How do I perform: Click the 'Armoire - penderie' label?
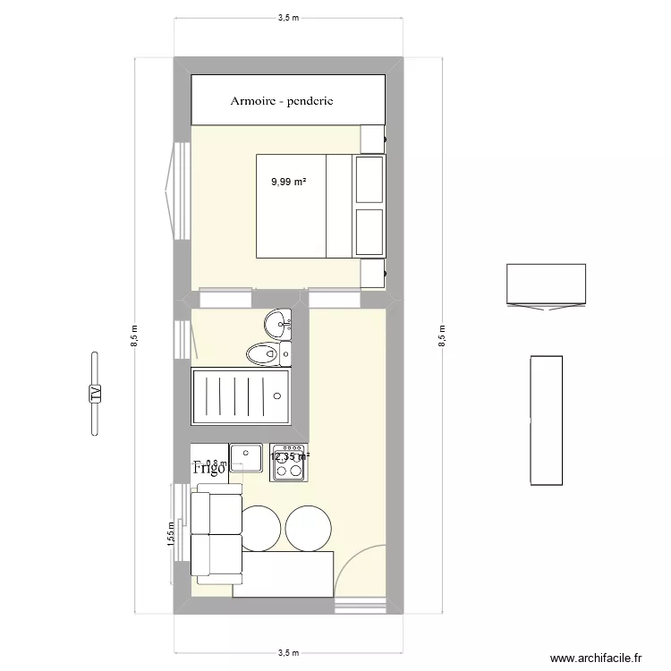282,101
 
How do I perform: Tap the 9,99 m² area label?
289,182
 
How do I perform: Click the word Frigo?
210,467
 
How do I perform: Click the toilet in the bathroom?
265,353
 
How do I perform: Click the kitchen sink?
243,457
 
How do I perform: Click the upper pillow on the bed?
369,179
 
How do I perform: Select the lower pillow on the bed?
369,231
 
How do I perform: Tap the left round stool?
260,528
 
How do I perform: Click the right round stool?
310,528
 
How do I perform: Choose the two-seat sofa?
215,536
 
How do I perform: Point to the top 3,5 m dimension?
288,16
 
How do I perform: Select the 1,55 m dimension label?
169,534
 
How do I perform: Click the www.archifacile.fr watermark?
597,658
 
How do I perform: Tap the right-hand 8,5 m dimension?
441,335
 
